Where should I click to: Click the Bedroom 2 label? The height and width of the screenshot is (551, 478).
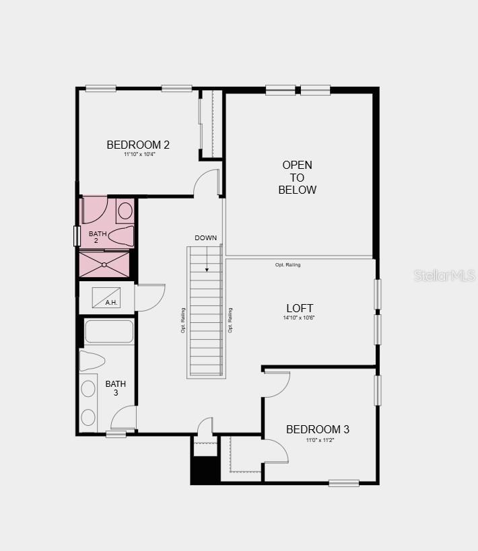(138, 145)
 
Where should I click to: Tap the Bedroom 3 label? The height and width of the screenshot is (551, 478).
(318, 429)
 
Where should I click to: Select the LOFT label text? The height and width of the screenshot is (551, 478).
(300, 308)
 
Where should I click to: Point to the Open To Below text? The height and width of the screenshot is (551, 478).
(297, 178)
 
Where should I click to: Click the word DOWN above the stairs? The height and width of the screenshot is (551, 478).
(206, 238)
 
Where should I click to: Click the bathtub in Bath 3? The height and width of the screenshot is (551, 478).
(109, 332)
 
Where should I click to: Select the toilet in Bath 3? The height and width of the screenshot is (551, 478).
(92, 361)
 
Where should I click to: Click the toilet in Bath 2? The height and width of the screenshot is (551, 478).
(121, 235)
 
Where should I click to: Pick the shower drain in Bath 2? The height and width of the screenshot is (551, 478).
(104, 264)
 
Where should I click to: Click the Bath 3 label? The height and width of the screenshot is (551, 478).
(116, 388)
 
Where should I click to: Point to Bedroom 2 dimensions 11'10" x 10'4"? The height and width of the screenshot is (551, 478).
(139, 155)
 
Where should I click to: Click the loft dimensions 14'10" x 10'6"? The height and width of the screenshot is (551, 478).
(299, 318)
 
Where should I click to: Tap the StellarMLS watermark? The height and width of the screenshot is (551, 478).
(444, 276)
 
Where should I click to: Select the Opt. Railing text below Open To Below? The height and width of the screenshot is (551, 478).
(288, 265)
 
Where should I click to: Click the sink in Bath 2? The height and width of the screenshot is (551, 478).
(125, 211)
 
